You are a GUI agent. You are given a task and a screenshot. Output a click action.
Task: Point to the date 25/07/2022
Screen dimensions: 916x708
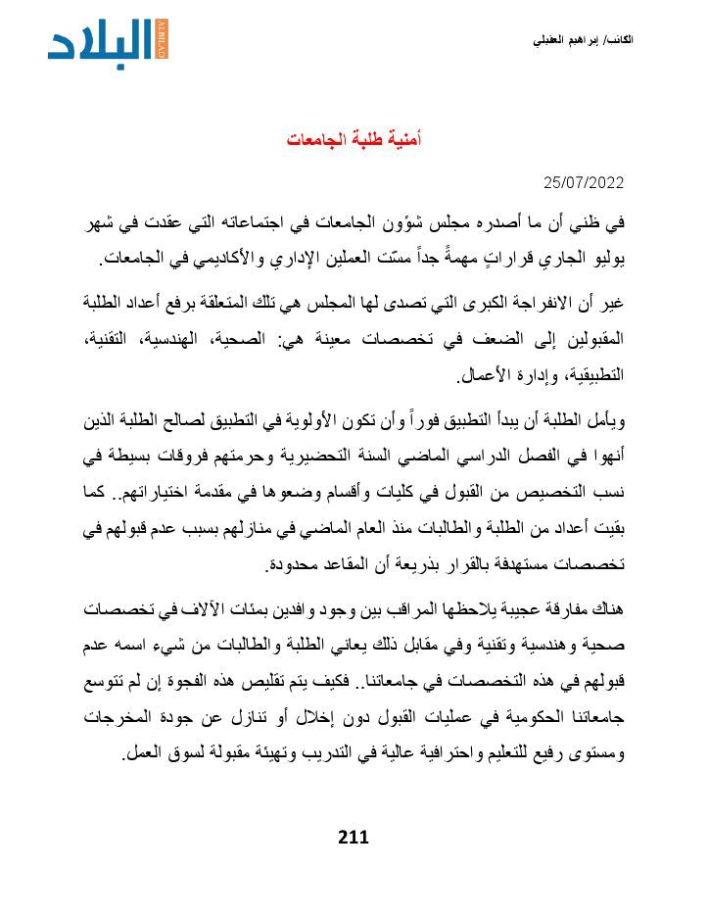pyautogui.click(x=584, y=183)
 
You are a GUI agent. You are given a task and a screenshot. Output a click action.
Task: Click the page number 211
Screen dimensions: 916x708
pyautogui.click(x=353, y=837)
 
